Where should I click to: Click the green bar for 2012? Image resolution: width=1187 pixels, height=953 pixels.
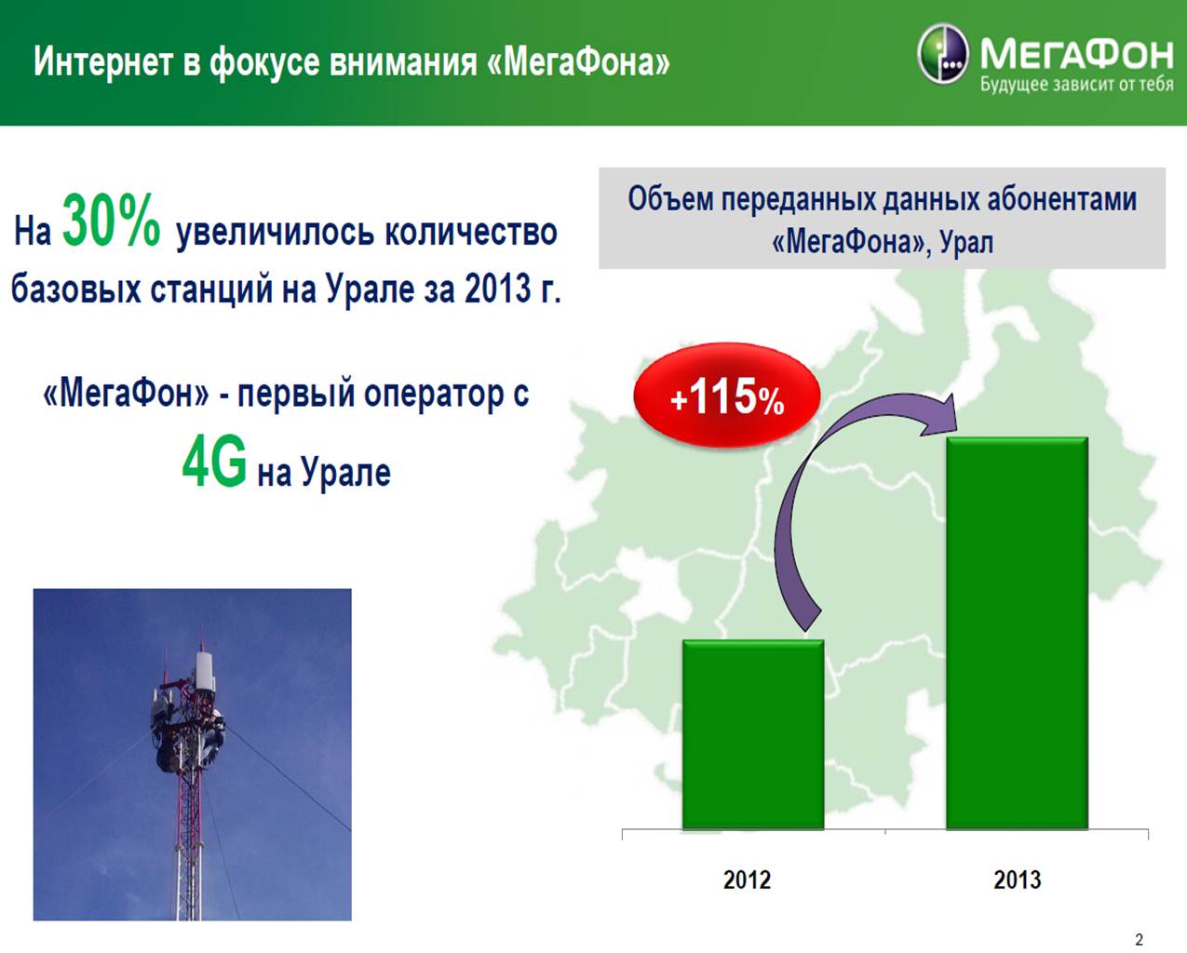(x=752, y=735)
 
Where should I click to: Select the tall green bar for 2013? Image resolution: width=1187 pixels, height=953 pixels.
(x=1017, y=633)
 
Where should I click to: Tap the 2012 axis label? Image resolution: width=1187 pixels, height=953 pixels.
(x=747, y=880)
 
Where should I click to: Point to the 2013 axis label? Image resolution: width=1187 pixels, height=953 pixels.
(x=1017, y=880)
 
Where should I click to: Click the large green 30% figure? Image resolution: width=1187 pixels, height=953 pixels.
(x=111, y=221)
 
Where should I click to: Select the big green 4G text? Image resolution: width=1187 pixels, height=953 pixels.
(x=214, y=463)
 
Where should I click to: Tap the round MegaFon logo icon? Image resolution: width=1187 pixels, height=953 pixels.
(x=942, y=54)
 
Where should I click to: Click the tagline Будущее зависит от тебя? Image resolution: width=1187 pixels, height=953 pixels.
(x=1076, y=86)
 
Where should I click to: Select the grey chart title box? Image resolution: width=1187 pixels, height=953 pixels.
(x=882, y=219)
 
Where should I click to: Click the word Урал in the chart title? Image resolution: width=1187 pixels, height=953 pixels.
(x=966, y=242)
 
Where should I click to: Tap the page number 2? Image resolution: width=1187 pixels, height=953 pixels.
(x=1140, y=939)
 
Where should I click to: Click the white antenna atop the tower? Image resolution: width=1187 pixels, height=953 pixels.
(x=203, y=670)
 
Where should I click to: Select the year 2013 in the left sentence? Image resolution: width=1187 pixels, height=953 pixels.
(x=497, y=289)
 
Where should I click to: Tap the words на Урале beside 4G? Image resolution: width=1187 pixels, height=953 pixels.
(x=323, y=473)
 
